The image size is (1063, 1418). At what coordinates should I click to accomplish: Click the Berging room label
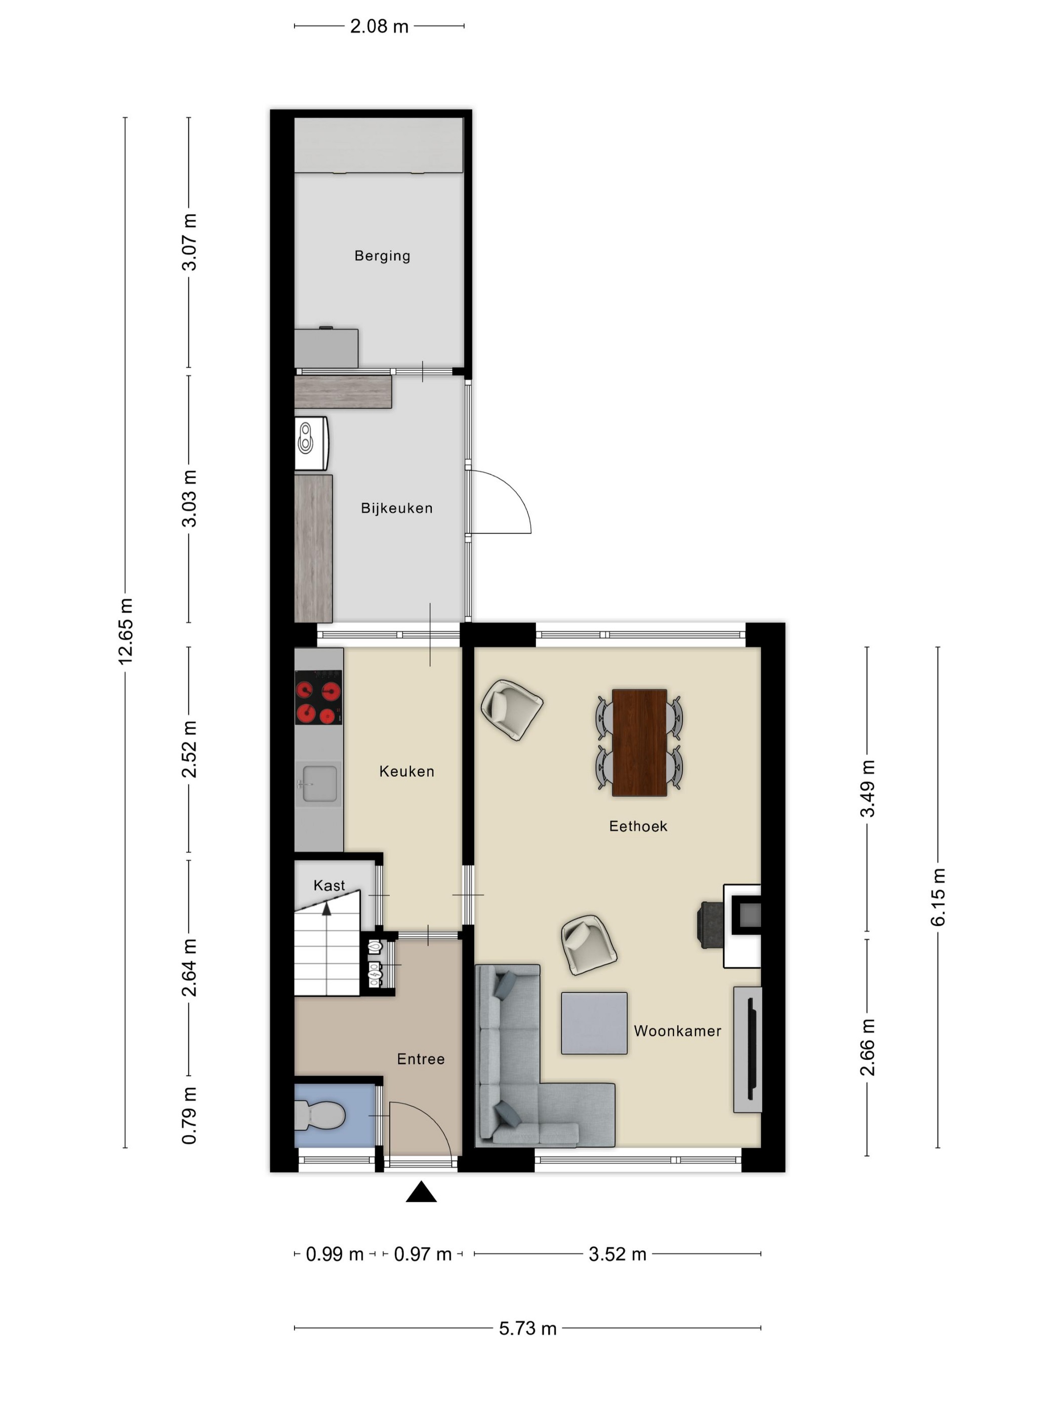point(382,256)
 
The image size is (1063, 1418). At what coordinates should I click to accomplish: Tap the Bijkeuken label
point(397,508)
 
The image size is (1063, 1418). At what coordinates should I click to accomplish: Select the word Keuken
point(407,771)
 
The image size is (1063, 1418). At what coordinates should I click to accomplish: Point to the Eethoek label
point(638,826)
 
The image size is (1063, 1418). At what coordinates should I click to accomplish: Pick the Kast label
point(330,885)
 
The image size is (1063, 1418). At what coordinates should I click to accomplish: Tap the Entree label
point(421,1059)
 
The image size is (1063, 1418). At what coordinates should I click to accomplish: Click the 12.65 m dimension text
point(126,632)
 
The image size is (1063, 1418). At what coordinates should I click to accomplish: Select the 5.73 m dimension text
point(528,1328)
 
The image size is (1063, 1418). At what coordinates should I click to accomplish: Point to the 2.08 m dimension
point(379,26)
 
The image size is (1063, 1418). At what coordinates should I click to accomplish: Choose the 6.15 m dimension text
point(938,897)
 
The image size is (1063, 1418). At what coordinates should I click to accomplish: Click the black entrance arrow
point(422,1192)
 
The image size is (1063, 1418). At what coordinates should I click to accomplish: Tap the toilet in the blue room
point(320,1117)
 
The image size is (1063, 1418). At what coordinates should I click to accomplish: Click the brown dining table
point(639,742)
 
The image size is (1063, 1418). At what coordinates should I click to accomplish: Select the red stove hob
point(318,697)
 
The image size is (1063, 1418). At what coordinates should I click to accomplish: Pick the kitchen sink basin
point(319,783)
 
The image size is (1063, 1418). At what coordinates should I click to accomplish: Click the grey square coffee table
point(594,1023)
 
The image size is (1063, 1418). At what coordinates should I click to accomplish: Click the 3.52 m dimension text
point(618,1254)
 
